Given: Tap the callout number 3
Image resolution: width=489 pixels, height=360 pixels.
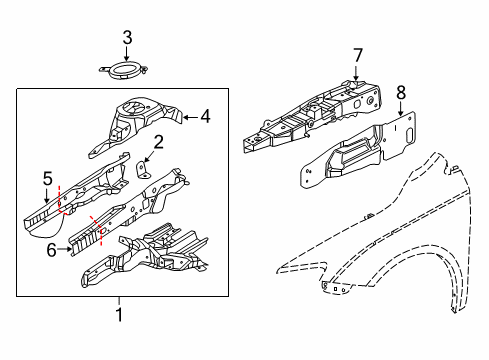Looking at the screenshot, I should pos(127,39).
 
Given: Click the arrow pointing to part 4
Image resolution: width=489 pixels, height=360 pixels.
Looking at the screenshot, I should pos(190,117).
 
